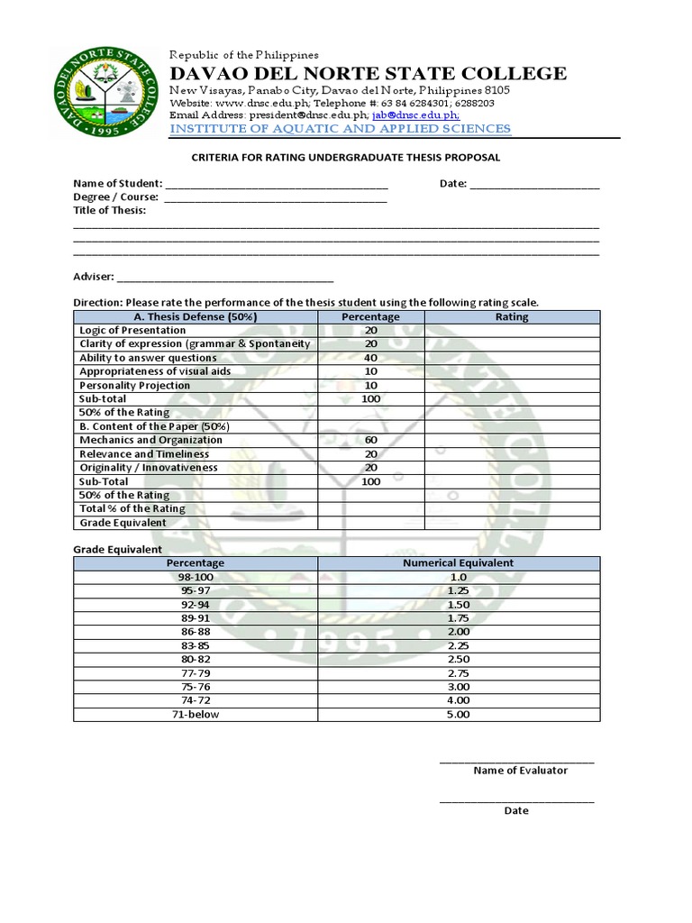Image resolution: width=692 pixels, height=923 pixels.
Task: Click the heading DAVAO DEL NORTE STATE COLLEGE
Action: [x=369, y=73]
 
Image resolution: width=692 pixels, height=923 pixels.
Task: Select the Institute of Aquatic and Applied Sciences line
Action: [x=340, y=129]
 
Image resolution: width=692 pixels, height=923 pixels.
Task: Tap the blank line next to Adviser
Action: [x=224, y=277]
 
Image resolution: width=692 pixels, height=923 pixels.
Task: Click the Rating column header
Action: [x=512, y=317]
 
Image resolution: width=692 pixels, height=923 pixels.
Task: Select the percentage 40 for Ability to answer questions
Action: [x=370, y=358]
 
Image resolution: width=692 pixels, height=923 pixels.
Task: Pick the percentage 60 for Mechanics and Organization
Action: [x=370, y=441]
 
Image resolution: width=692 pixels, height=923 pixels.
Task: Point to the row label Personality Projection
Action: [x=134, y=385]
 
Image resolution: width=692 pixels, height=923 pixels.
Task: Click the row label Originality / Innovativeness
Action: [x=149, y=468]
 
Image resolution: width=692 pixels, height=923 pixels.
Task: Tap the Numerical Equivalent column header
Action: [x=458, y=563]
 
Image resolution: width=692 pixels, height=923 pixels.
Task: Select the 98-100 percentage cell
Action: [x=196, y=577]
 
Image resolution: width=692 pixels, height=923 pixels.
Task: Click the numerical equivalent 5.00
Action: [x=458, y=715]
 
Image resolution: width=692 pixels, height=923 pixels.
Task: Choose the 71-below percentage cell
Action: [x=196, y=715]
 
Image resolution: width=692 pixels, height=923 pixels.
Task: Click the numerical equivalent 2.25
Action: [x=458, y=645]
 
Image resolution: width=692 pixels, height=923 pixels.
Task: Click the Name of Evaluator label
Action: [x=520, y=771]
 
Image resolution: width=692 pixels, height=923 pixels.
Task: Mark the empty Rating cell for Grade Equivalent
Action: [x=512, y=523]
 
